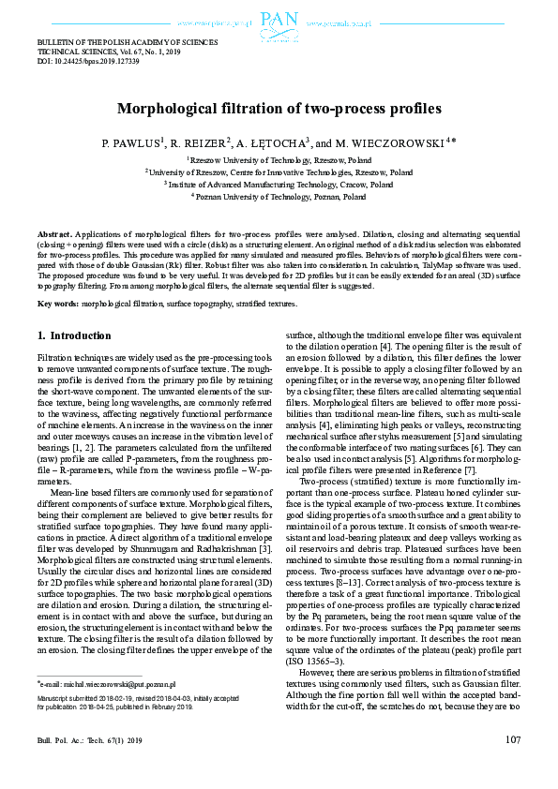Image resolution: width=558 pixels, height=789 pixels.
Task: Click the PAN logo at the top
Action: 279,20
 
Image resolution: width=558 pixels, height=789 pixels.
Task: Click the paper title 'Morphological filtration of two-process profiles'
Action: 279,109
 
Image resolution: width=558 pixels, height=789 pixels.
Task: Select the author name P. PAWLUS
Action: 131,143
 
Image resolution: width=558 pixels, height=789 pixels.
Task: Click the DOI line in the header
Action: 87,61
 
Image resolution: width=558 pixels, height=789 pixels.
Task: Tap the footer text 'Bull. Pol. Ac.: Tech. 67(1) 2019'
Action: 89,740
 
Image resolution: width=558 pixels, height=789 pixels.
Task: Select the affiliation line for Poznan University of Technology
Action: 278,198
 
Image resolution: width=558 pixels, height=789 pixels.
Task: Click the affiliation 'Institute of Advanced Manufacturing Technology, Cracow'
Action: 278,186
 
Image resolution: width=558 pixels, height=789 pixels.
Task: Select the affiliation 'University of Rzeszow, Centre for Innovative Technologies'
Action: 278,173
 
